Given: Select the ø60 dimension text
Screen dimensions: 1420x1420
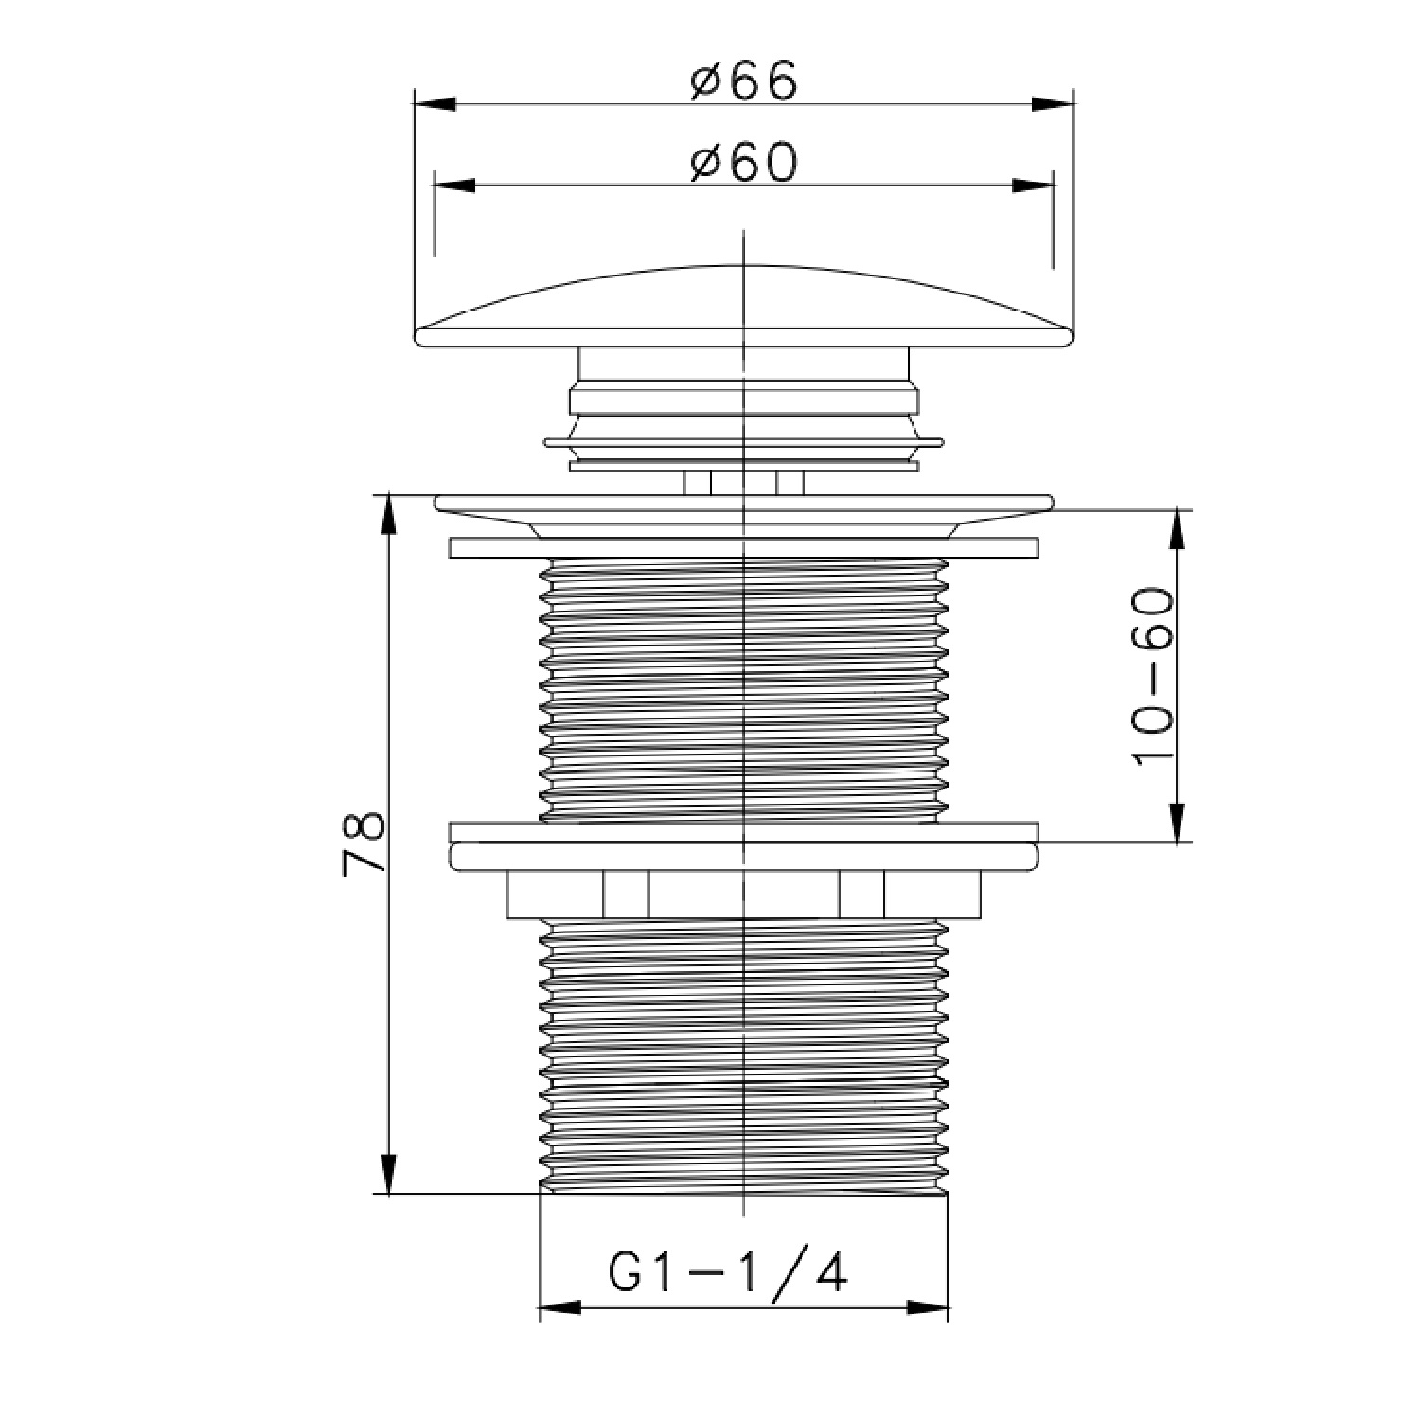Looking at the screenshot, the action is pos(744,163).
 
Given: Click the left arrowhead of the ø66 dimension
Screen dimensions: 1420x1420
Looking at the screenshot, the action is pos(436,103).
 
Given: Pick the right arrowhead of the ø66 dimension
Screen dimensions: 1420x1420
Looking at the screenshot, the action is pos(1052,103).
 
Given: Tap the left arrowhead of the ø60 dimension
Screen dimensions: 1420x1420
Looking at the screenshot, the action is pos(453,186).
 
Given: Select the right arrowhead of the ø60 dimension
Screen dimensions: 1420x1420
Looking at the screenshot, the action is pos(1033,186).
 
